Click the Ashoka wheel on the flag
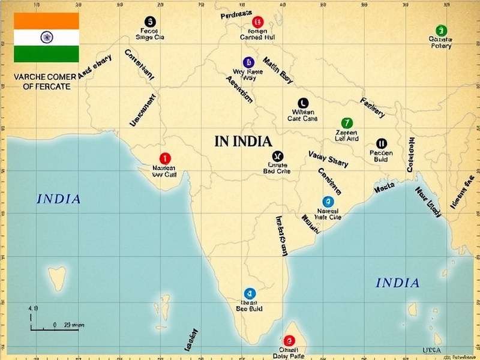[46, 37]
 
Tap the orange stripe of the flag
[46, 20]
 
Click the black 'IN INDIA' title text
[243, 142]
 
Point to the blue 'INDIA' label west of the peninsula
[59, 199]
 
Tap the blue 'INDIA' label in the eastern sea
[397, 283]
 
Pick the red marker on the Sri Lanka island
[289, 341]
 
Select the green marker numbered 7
[346, 123]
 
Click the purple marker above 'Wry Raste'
[248, 62]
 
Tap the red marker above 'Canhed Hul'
[257, 22]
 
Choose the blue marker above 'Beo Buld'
[250, 293]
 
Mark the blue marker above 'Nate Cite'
[328, 202]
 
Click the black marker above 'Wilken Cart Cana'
[302, 103]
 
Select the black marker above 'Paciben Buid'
[381, 143]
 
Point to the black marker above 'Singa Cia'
[150, 22]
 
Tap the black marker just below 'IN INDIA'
[277, 156]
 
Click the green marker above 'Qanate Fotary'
[441, 30]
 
